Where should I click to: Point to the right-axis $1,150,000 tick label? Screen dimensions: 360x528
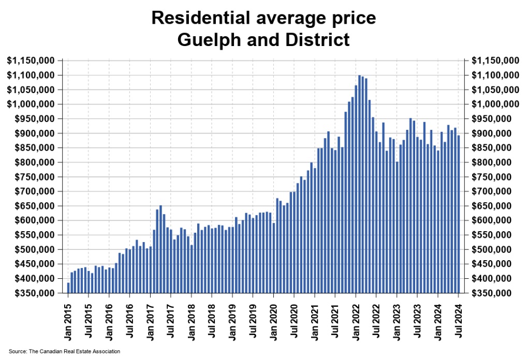coord(496,61)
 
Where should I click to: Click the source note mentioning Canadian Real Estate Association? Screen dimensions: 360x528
coord(64,352)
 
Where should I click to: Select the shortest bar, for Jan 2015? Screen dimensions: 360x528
coord(68,288)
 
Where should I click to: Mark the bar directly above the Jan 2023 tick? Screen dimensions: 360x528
coord(397,227)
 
